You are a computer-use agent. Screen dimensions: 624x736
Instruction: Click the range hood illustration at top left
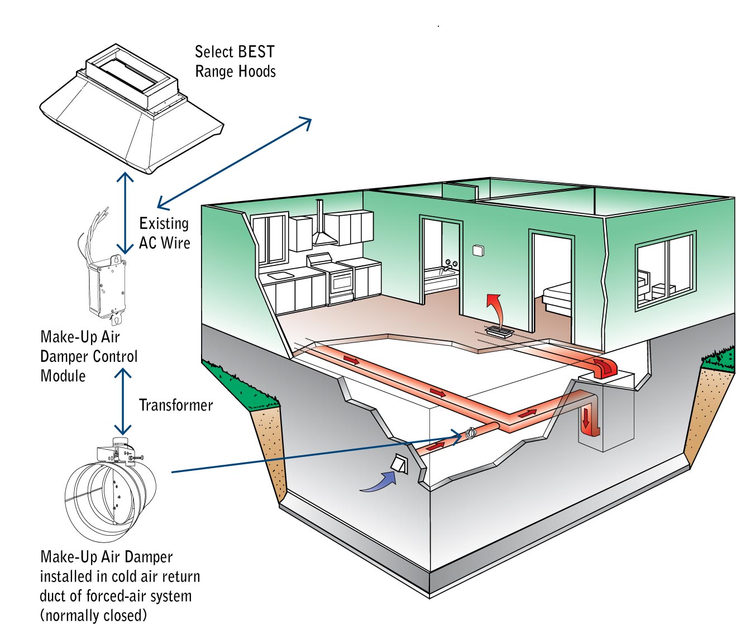131,109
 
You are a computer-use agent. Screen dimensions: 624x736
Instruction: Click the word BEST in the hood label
254,52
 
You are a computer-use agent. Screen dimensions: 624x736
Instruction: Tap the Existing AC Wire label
164,233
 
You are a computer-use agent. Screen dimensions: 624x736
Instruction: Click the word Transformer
176,405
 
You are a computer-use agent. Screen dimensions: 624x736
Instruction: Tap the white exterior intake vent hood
400,464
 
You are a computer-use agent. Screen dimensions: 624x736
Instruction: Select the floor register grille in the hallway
499,332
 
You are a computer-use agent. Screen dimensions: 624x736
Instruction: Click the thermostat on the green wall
478,251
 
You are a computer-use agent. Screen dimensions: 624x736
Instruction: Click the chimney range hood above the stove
321,229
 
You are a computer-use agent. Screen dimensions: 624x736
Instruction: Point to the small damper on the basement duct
470,432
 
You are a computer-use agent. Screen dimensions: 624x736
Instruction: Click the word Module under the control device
63,376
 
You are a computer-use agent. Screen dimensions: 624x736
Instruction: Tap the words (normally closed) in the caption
93,615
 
